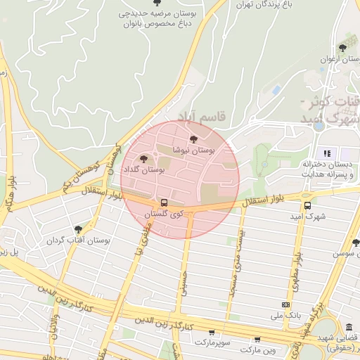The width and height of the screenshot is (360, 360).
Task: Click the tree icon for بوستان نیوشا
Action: tap(193, 139)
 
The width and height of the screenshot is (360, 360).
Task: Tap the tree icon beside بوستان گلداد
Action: tap(144, 159)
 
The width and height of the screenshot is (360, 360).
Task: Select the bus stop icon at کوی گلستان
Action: tap(164, 202)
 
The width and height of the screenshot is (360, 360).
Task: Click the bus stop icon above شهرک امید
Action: tap(307, 205)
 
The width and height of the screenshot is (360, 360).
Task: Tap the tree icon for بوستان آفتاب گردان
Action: tap(77, 229)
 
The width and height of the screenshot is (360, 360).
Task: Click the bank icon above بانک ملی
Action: tap(285, 304)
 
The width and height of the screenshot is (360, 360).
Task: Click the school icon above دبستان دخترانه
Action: tap(326, 153)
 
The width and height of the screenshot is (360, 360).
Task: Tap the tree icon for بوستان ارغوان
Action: tap(342, 48)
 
